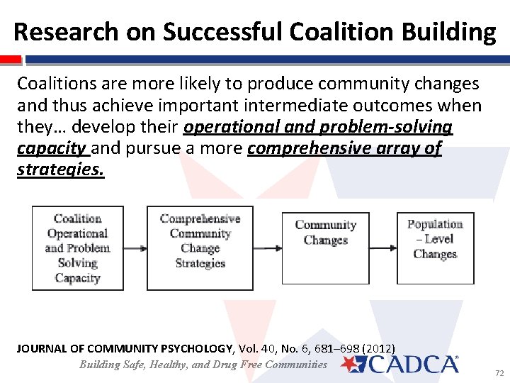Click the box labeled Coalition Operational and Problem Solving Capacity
coord(77,248)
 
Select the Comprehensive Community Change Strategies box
coord(200,248)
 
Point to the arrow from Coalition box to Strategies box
coord(135,248)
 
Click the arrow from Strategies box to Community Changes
coord(267,248)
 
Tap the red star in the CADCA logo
coord(352,364)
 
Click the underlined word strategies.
coord(60,171)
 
